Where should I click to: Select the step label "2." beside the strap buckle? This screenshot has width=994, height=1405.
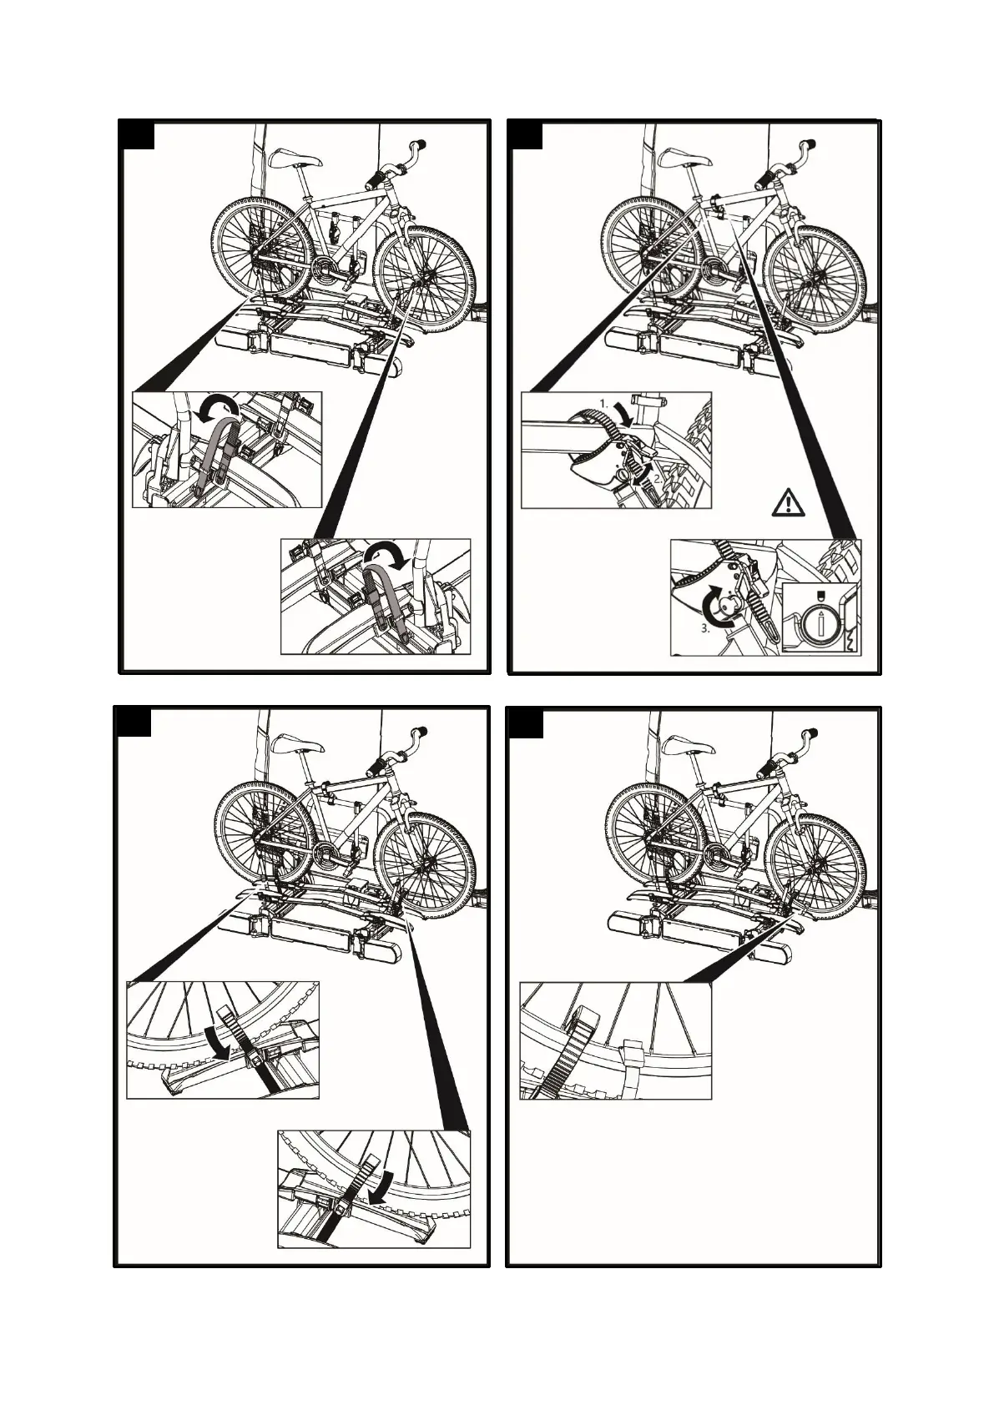(x=658, y=478)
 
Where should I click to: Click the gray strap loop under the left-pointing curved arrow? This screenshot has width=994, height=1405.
(x=216, y=453)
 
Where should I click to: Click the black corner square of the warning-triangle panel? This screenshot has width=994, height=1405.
(x=526, y=135)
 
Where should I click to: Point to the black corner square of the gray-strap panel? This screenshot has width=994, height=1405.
(x=138, y=134)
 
